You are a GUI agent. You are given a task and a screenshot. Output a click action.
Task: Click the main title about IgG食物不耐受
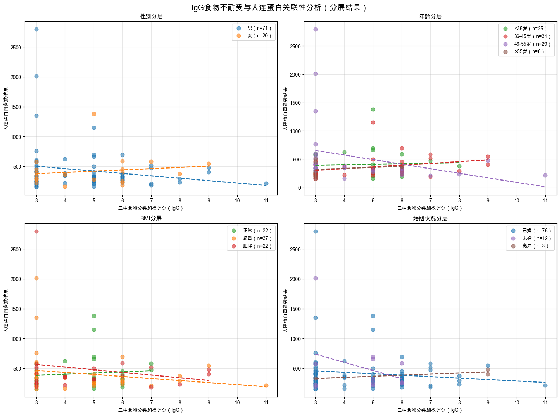pyautogui.click(x=280, y=7)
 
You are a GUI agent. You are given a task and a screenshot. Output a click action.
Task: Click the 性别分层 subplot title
pyautogui.click(x=151, y=17)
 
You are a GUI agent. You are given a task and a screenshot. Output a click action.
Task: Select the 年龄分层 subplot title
pyautogui.click(x=430, y=17)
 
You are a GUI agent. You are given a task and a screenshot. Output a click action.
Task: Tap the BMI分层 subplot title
pyautogui.click(x=151, y=218)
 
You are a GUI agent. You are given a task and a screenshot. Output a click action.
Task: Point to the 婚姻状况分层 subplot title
pyautogui.click(x=430, y=219)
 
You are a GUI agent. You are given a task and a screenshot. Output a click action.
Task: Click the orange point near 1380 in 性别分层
pyautogui.click(x=94, y=114)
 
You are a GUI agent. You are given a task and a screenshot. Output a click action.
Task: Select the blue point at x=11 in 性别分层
pyautogui.click(x=266, y=183)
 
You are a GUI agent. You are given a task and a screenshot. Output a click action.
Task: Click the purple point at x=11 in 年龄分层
pyautogui.click(x=545, y=175)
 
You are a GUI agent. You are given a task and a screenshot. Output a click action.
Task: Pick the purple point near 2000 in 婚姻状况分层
pyautogui.click(x=315, y=278)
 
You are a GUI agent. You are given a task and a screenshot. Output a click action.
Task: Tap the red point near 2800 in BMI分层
pyautogui.click(x=36, y=231)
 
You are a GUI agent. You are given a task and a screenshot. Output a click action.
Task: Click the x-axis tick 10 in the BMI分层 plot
pyautogui.click(x=237, y=403)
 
